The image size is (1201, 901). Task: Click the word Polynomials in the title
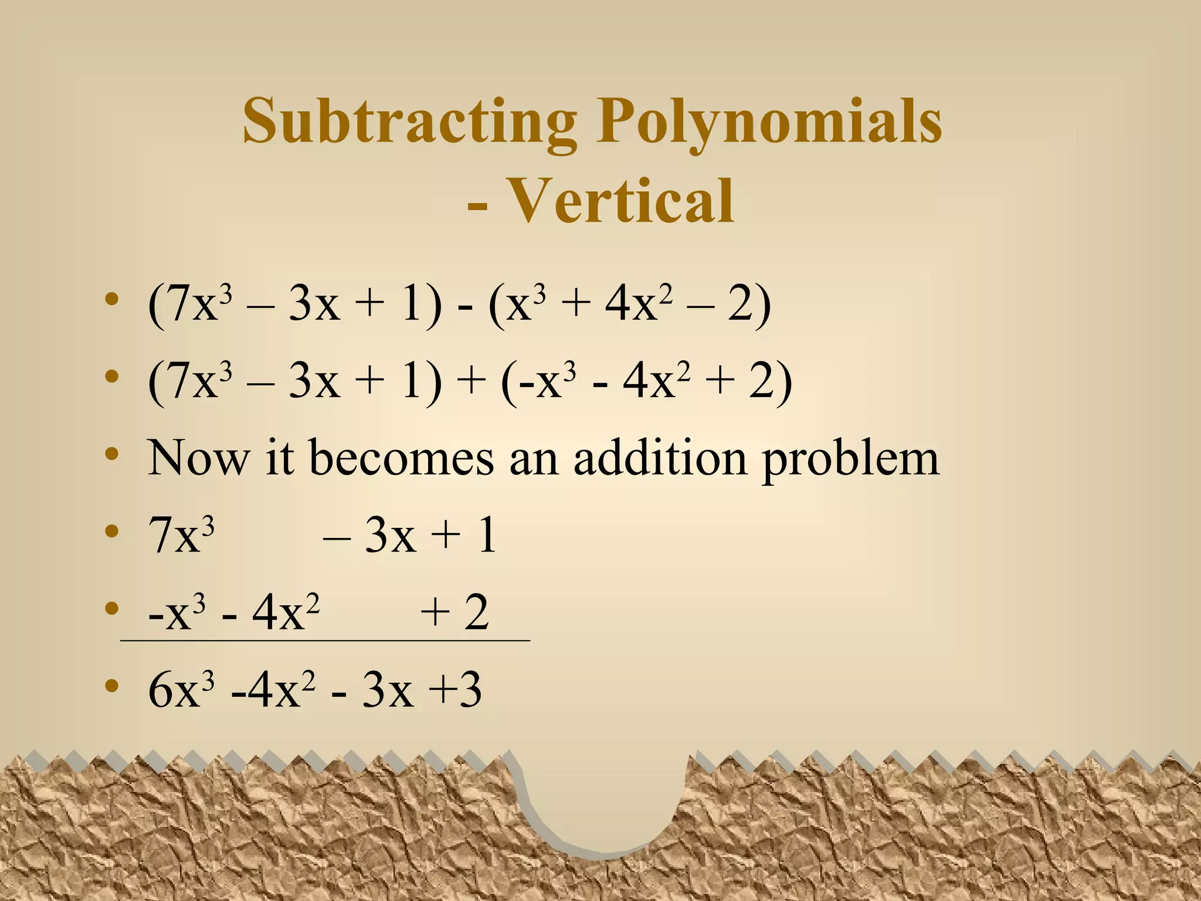tap(769, 121)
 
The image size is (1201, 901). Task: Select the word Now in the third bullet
tap(198, 458)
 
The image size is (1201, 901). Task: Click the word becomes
tap(401, 458)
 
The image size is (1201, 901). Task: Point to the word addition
tap(659, 458)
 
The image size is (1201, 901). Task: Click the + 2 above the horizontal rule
tap(454, 612)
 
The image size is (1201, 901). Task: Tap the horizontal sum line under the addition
tap(325, 641)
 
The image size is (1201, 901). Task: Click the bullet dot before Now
tap(111, 454)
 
